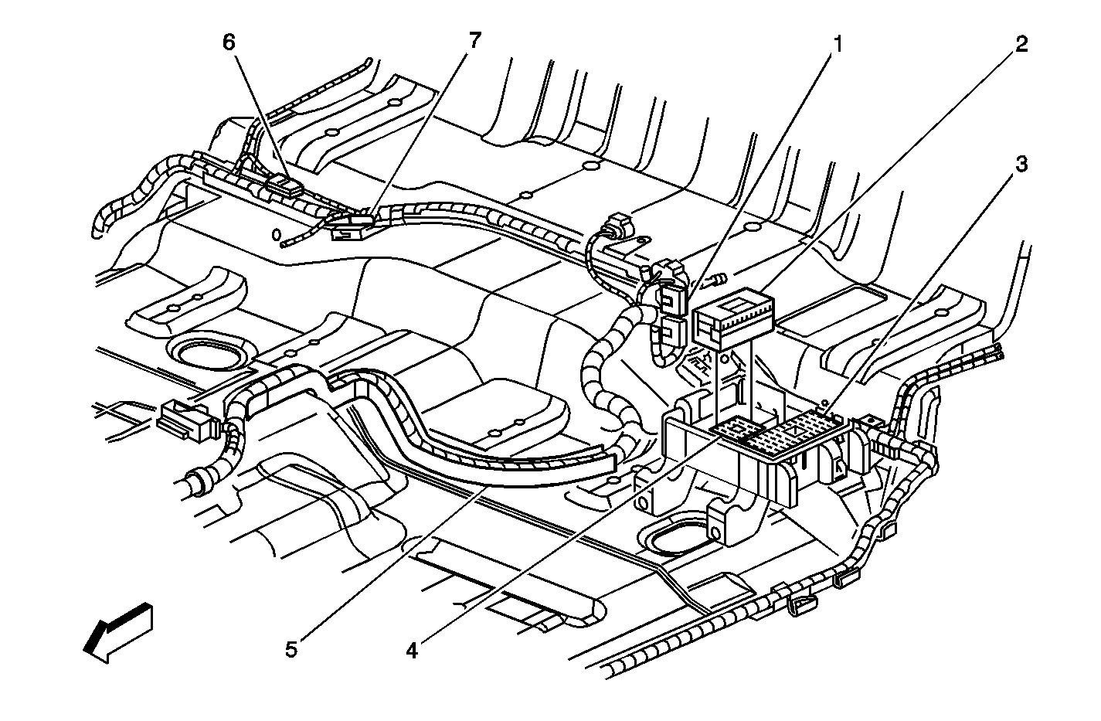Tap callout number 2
(x=1021, y=44)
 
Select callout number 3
(x=1021, y=165)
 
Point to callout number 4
(x=412, y=651)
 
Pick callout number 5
(x=291, y=649)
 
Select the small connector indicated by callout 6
(x=284, y=185)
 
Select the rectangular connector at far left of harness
(x=186, y=422)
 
